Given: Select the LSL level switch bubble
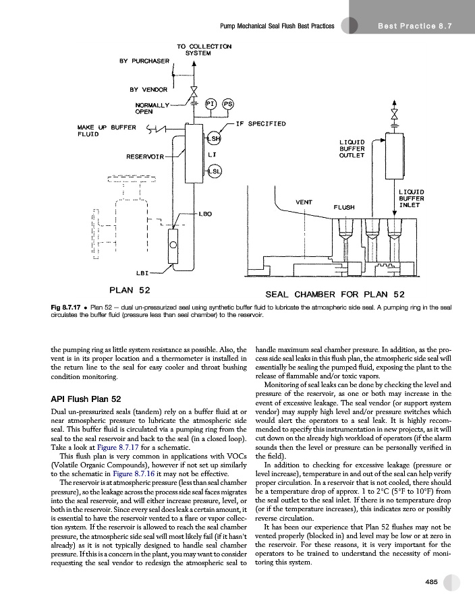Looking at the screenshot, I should (x=213, y=171).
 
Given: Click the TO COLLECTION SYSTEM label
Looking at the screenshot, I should (x=204, y=49).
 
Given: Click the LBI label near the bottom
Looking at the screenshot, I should (x=142, y=273).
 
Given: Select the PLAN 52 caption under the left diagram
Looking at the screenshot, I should (x=130, y=290).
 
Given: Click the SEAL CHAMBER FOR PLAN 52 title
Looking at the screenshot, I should (x=335, y=294).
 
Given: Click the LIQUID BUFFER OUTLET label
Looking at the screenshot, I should (x=352, y=148).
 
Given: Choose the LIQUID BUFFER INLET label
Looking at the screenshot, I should (x=411, y=198).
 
